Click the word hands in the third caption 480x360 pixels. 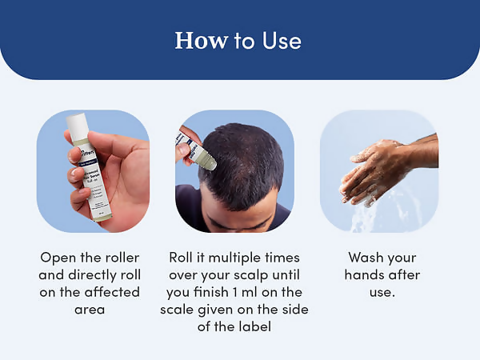coord(365,275)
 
